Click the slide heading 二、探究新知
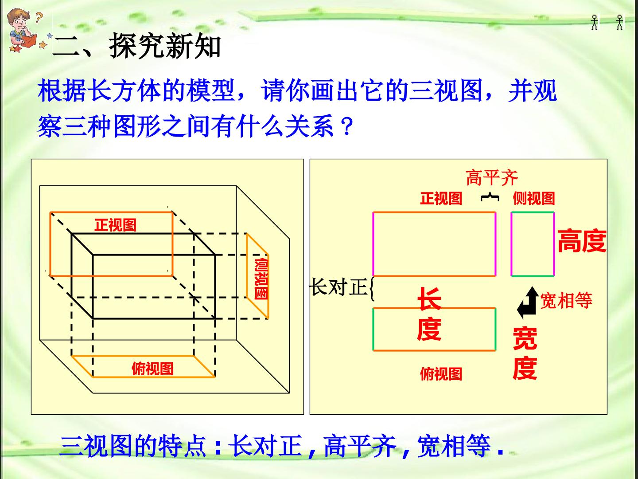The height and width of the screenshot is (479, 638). pyautogui.click(x=136, y=46)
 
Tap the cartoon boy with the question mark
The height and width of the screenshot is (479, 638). pyautogui.click(x=23, y=31)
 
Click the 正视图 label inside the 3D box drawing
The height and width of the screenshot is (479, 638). pyautogui.click(x=115, y=225)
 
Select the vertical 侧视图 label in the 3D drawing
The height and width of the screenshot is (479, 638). pyautogui.click(x=261, y=279)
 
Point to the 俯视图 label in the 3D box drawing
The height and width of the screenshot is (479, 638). pyautogui.click(x=152, y=369)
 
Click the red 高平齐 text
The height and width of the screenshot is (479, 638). pyautogui.click(x=492, y=177)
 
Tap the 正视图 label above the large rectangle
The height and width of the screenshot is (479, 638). pyautogui.click(x=441, y=198)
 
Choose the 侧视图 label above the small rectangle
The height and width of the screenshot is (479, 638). pyautogui.click(x=533, y=198)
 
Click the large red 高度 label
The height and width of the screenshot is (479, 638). pyautogui.click(x=582, y=241)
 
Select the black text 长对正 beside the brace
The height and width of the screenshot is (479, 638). pyautogui.click(x=338, y=287)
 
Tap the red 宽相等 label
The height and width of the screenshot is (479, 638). pyautogui.click(x=566, y=300)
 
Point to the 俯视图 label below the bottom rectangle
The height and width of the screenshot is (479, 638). pyautogui.click(x=441, y=374)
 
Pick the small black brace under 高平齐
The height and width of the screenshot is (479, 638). pyautogui.click(x=490, y=197)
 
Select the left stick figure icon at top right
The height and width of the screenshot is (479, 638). pyautogui.click(x=595, y=22)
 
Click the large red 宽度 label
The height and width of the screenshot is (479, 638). pyautogui.click(x=525, y=353)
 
